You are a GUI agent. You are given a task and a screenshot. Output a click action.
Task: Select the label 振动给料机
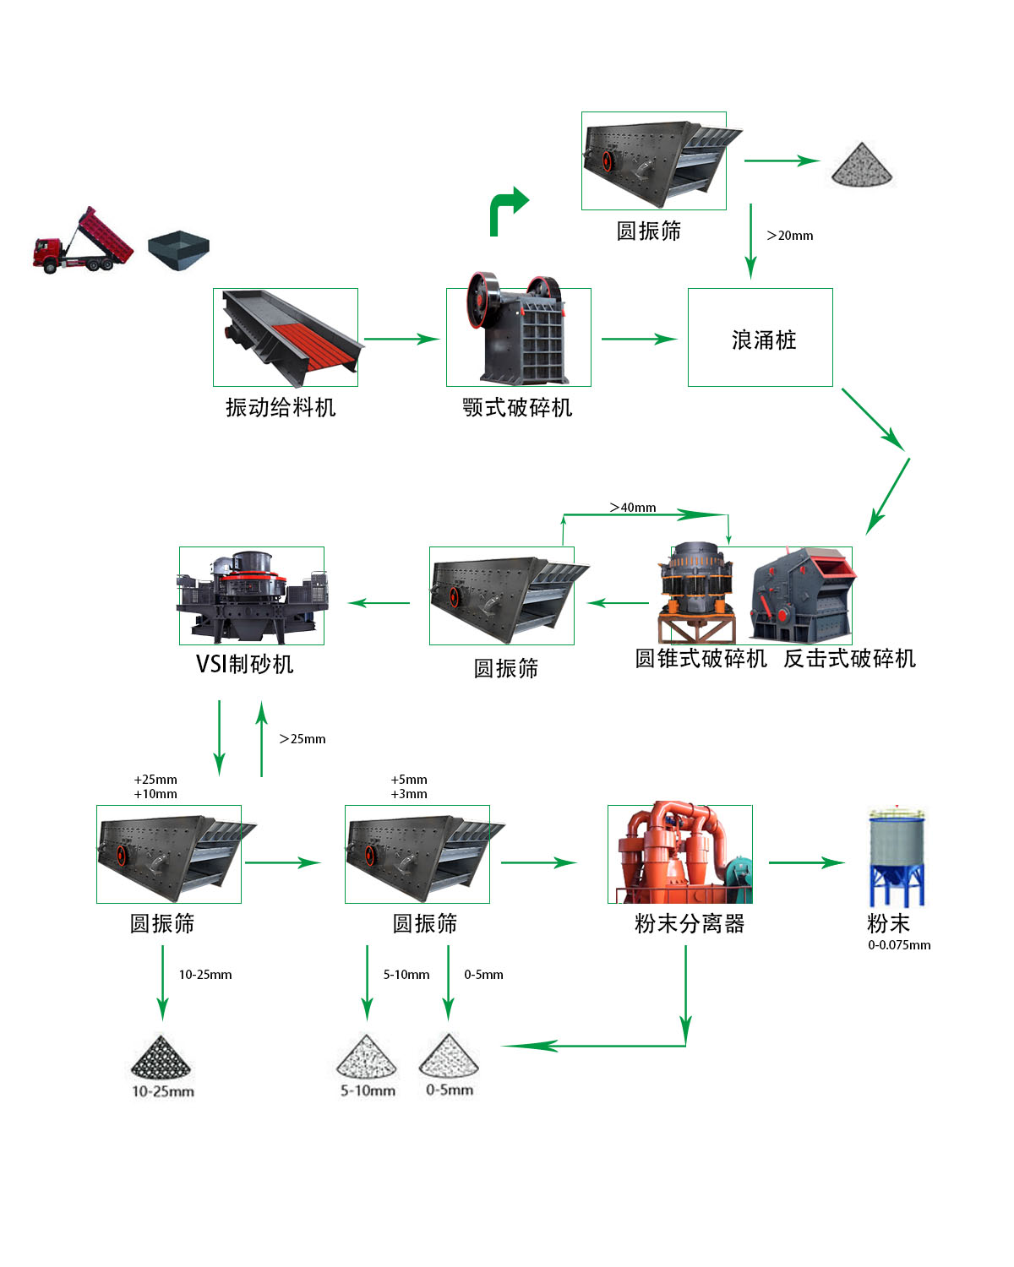click(x=281, y=408)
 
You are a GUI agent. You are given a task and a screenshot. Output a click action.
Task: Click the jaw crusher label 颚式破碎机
click(x=517, y=408)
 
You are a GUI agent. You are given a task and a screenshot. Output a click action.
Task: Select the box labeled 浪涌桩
click(x=760, y=338)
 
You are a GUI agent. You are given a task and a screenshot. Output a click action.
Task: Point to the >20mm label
click(x=790, y=236)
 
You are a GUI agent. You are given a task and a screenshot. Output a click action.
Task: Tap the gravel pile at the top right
click(x=861, y=164)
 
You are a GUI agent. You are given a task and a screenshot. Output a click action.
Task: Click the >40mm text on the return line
click(x=633, y=508)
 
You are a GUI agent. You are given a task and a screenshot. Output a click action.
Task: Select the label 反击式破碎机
click(x=849, y=659)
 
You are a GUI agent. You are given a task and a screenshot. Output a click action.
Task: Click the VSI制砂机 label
click(x=245, y=665)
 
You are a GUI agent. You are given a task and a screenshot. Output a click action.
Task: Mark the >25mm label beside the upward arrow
click(x=303, y=739)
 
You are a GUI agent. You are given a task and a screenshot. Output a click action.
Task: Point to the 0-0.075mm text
click(x=899, y=945)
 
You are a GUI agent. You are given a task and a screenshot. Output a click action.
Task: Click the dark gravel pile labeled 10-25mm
click(x=161, y=1058)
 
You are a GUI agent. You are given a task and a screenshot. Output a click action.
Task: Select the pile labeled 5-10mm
click(x=367, y=1058)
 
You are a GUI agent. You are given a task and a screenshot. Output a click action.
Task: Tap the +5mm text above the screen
click(x=409, y=780)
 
